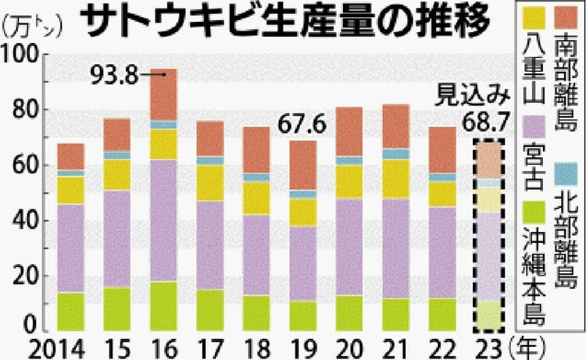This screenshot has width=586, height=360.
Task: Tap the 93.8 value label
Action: [x=114, y=75]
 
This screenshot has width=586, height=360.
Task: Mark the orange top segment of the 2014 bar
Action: [x=70, y=156]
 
